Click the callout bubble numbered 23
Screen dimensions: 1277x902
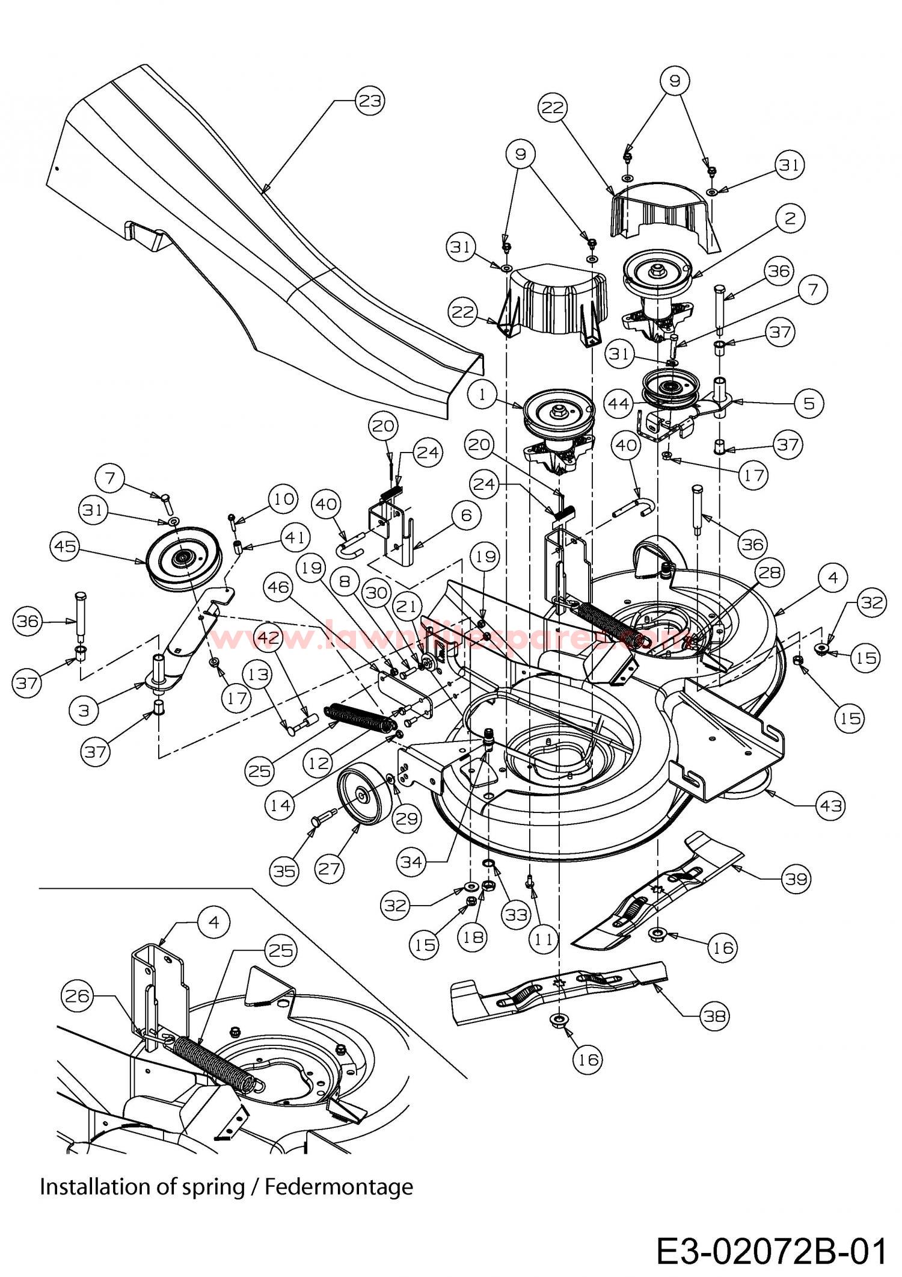coord(369,101)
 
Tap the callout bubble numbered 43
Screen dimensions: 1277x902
coord(830,805)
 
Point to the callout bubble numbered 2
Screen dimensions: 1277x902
coord(790,218)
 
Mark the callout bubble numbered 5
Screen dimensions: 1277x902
coord(808,403)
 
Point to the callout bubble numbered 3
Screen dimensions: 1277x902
coord(84,710)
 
